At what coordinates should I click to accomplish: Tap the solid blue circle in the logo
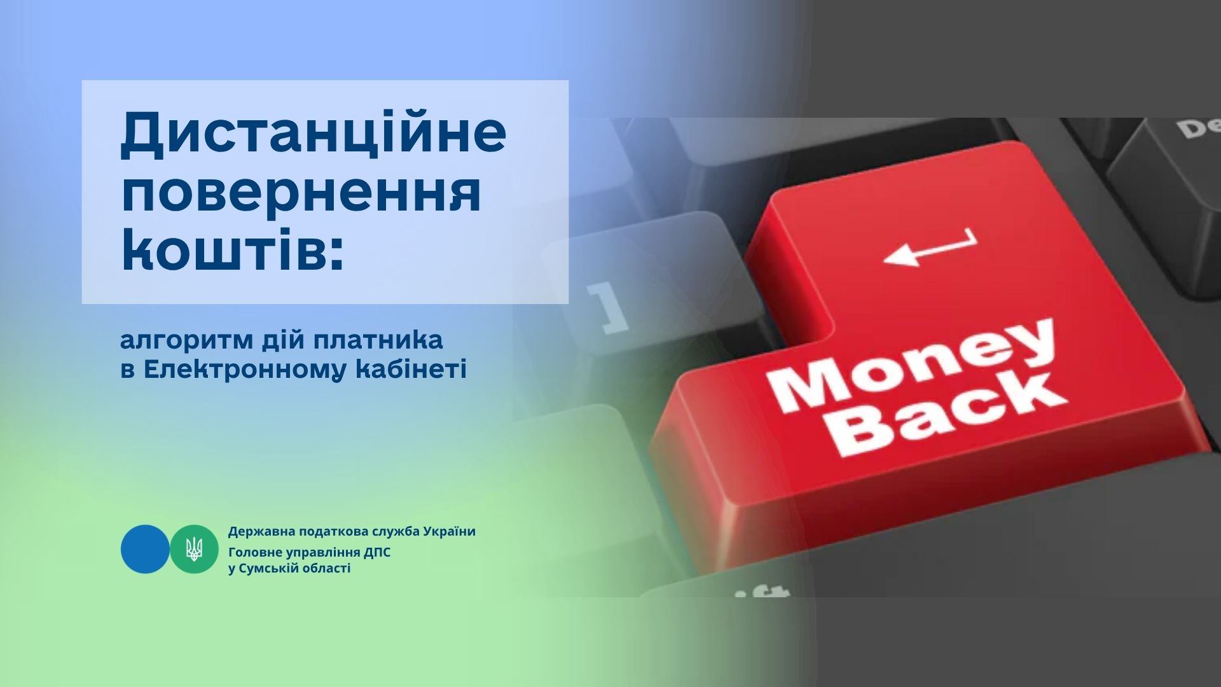(145, 549)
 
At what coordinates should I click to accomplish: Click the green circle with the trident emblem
(194, 549)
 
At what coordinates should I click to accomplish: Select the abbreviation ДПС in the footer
(378, 552)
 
